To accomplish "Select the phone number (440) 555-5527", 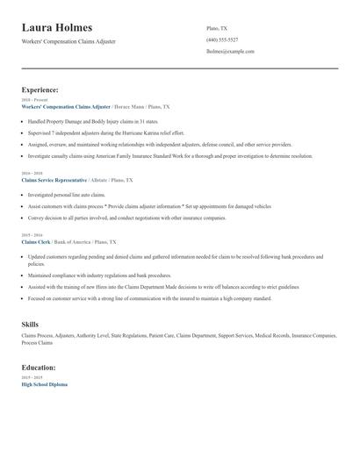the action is (x=221, y=39).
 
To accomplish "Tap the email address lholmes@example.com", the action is (x=230, y=51).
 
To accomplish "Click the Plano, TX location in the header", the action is (x=216, y=28).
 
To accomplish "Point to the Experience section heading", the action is (x=40, y=89).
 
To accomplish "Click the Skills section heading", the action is (x=30, y=325).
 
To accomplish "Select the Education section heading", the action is (x=40, y=368).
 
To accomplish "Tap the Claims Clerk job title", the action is (x=36, y=241).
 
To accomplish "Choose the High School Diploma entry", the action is (x=44, y=384).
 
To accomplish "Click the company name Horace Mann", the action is (x=128, y=106).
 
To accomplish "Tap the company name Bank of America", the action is (x=76, y=241).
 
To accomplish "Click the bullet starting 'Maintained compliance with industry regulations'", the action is (x=101, y=275).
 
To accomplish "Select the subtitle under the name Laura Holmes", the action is (x=68, y=41).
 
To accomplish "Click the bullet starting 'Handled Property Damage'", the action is (x=92, y=120).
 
